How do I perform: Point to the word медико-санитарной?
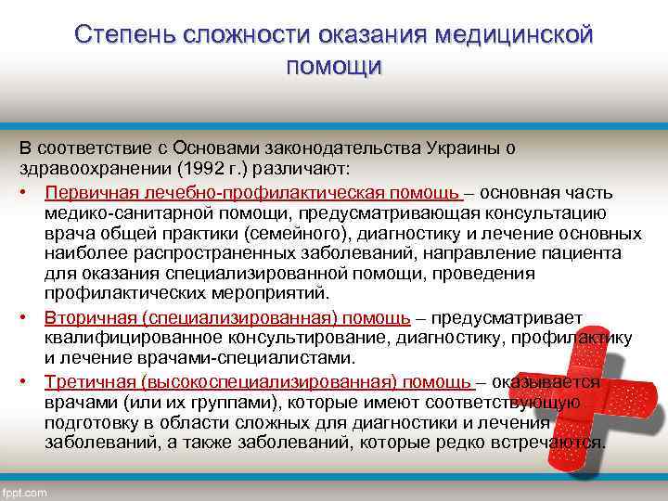pos(120,212)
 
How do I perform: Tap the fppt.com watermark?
pos(25,493)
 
